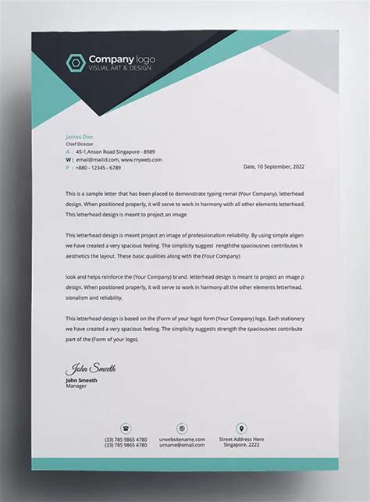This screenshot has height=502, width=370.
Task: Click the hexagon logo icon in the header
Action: pyautogui.click(x=76, y=62)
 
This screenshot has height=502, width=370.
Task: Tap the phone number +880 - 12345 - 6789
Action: pyautogui.click(x=98, y=167)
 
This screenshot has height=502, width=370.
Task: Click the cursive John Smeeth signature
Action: pyautogui.click(x=91, y=368)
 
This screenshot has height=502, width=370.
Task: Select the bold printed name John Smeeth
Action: pyautogui.click(x=82, y=380)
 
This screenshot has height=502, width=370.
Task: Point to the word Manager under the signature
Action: pyautogui.click(x=76, y=386)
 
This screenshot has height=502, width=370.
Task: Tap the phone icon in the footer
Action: pyautogui.click(x=126, y=428)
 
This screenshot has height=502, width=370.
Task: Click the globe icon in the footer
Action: pyautogui.click(x=182, y=428)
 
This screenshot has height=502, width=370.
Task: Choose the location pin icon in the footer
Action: pyautogui.click(x=241, y=428)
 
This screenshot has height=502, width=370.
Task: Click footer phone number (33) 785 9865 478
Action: pyautogui.click(x=126, y=439)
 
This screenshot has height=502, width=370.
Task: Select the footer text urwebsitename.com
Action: pyautogui.click(x=182, y=439)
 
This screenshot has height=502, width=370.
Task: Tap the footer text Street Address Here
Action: pyautogui.click(x=241, y=439)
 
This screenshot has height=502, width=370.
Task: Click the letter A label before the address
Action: pyautogui.click(x=67, y=152)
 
